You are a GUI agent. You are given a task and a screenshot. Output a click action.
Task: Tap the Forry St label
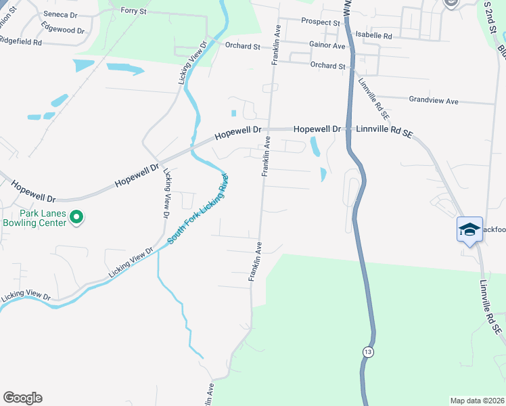[133, 11]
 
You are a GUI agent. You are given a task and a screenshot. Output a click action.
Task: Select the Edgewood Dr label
[63, 30]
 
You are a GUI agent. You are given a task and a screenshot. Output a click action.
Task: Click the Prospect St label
[321, 22]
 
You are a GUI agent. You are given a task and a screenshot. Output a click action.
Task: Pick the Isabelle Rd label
[374, 35]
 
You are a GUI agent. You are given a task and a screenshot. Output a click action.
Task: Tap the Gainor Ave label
[327, 46]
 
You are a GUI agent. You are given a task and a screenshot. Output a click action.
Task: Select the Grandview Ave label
[434, 101]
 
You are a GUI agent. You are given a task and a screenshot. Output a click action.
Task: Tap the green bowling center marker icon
[77, 217]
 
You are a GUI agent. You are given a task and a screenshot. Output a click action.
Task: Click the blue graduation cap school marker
[469, 230]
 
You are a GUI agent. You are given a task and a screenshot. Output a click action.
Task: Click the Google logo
[22, 398]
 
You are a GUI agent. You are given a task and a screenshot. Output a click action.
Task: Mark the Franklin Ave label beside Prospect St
[276, 46]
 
